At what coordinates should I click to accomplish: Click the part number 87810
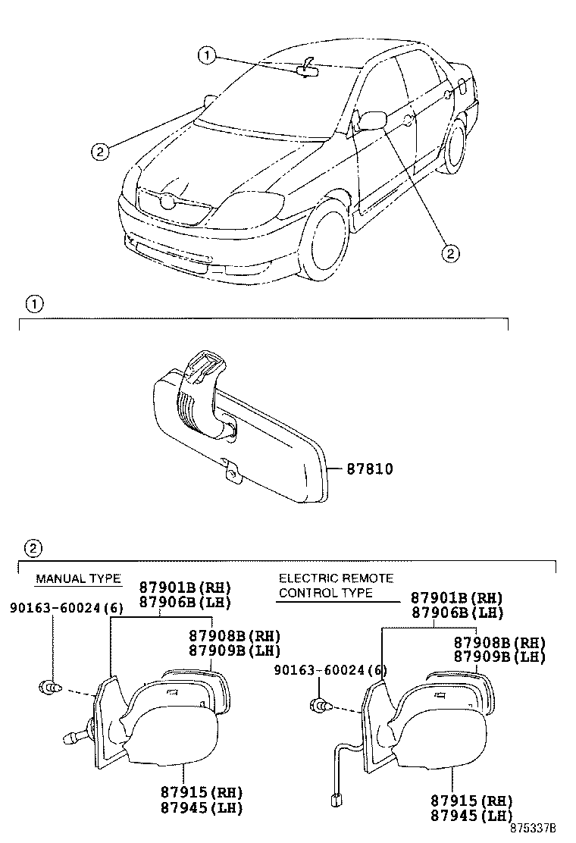pos(370,469)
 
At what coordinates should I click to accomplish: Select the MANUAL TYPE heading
pos(78,579)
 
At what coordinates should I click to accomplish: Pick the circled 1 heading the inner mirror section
pos(33,305)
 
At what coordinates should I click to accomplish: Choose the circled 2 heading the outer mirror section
pos(33,547)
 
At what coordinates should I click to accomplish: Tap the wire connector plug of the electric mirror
pos(334,799)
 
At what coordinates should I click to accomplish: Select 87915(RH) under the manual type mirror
pos(201,791)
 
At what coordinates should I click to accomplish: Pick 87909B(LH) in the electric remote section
pos(499,657)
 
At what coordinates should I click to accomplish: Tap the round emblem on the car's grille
pos(166,202)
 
